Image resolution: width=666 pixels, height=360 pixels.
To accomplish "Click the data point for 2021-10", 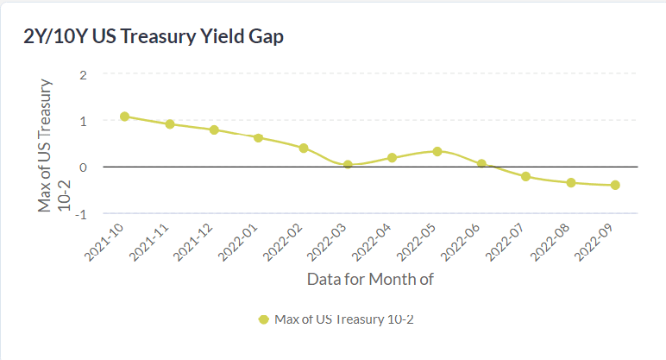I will click(125, 117).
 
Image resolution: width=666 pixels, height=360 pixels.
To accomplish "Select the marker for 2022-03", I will click(348, 164).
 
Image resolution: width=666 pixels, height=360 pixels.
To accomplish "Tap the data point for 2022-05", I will click(437, 151).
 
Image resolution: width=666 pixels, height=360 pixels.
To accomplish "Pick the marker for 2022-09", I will click(615, 185).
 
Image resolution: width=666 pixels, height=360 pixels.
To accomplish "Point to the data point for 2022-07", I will click(526, 176).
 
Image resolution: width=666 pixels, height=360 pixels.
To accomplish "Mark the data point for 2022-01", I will click(259, 137).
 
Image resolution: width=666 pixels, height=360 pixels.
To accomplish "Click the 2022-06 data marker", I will click(481, 163).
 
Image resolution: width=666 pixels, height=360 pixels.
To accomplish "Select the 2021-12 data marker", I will click(214, 129).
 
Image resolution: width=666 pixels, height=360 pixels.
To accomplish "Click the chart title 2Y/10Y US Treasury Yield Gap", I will click(154, 37).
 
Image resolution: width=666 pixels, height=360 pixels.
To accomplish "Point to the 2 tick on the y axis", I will click(84, 74).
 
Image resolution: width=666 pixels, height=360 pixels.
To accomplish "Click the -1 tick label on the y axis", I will click(81, 213).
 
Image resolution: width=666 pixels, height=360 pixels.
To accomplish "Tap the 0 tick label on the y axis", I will click(84, 167).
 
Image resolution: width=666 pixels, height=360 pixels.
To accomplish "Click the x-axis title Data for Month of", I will click(370, 279).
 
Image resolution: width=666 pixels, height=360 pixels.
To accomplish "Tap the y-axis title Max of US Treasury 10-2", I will click(53, 145).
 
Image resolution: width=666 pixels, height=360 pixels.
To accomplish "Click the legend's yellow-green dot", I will click(264, 319).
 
